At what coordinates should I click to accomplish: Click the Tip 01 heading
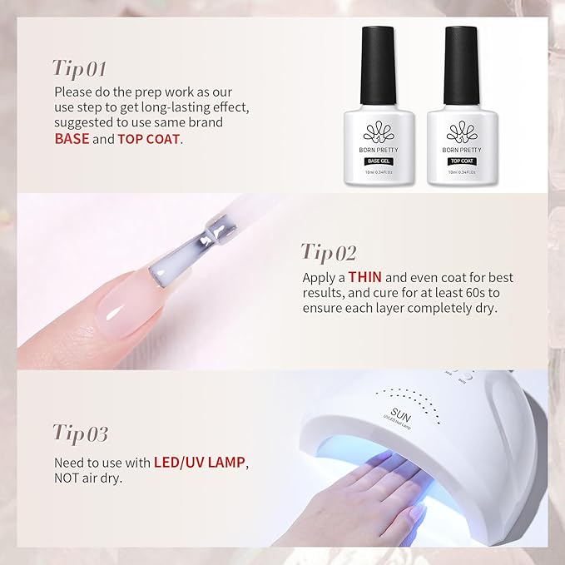pos(80,67)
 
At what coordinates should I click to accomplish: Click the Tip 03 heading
pos(81,434)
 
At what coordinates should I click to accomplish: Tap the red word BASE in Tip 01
pos(72,139)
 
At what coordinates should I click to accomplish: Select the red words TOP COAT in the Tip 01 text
pos(149,139)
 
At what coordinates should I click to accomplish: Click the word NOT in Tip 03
pos(69,478)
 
